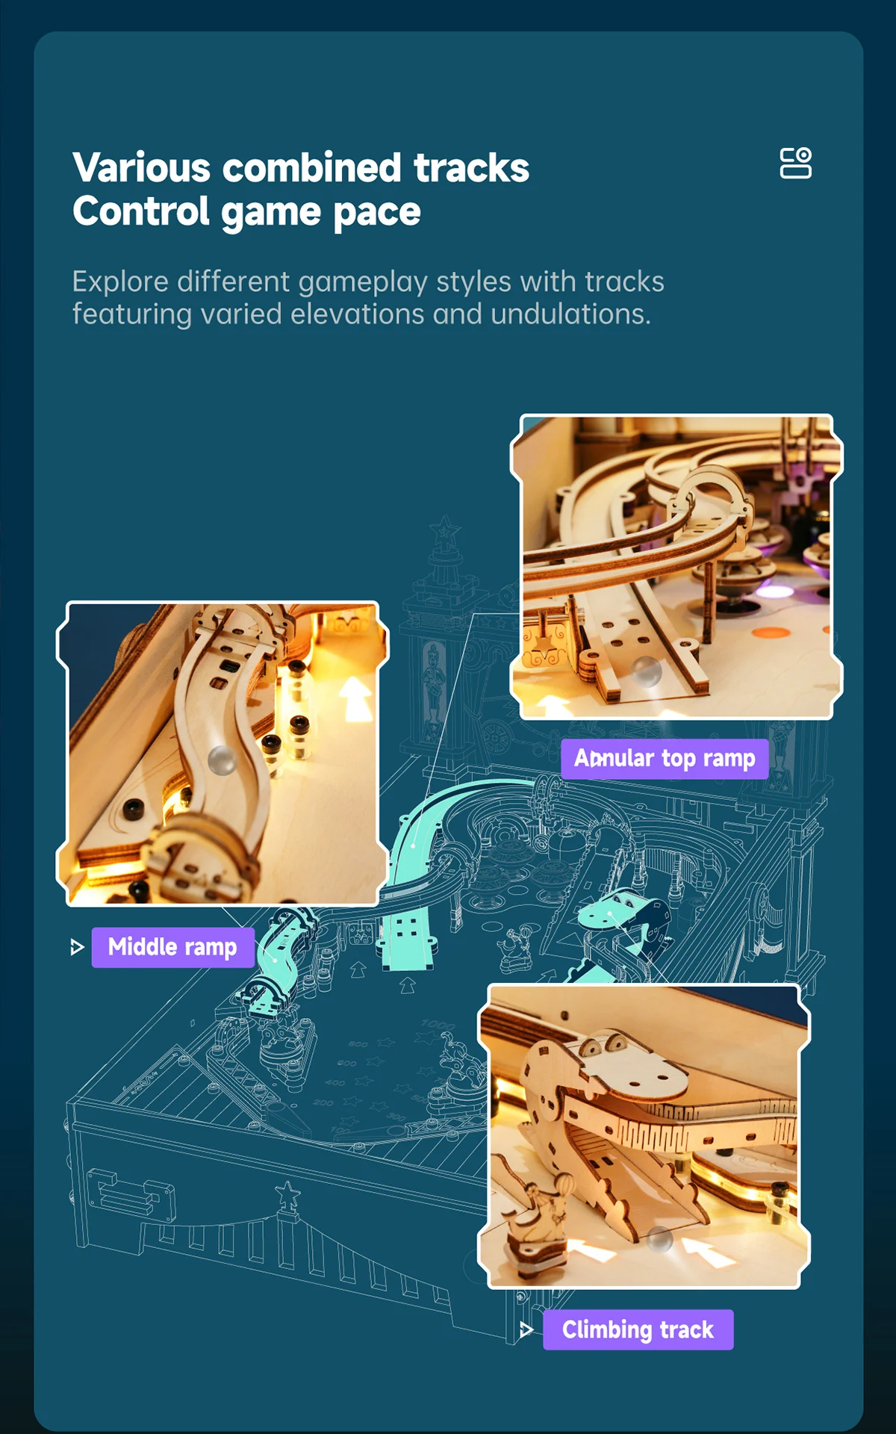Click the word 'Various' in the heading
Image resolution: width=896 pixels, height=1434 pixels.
click(141, 168)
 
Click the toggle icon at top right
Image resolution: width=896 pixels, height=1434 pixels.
click(795, 163)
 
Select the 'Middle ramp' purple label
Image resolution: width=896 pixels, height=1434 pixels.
click(172, 947)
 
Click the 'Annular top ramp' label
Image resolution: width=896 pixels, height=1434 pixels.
click(665, 759)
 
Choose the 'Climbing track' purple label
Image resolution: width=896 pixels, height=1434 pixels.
click(638, 1329)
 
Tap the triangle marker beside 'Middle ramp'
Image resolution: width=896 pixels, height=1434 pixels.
click(76, 948)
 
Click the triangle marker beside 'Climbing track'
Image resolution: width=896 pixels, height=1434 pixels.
click(526, 1329)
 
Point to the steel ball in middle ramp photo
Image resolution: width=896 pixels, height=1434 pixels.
click(222, 760)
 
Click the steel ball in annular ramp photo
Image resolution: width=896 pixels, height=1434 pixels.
click(647, 671)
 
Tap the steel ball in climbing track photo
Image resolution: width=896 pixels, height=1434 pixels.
click(659, 1239)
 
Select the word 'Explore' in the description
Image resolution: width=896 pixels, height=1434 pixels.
click(120, 282)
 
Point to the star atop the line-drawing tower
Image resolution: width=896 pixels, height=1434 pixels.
click(445, 530)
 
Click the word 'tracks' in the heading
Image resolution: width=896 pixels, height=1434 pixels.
click(471, 168)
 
